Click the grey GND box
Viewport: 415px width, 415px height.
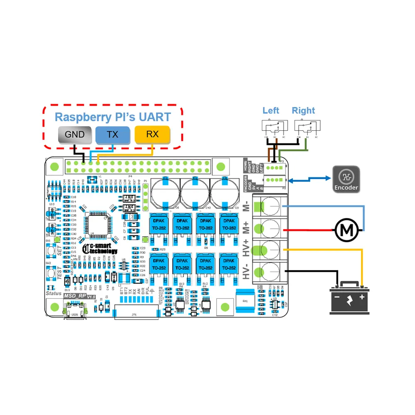point(75,134)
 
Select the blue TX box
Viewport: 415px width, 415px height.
point(112,134)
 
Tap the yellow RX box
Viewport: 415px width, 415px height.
point(152,134)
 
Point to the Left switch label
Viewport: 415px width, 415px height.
point(271,110)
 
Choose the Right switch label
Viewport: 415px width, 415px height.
point(303,110)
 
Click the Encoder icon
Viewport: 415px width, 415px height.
point(346,179)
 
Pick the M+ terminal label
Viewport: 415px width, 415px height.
point(247,228)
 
